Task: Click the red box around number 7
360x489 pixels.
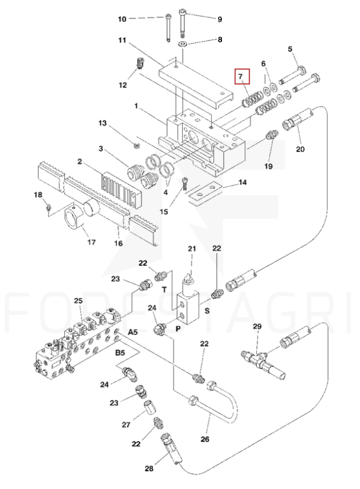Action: (242, 76)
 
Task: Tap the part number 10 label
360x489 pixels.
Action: (122, 19)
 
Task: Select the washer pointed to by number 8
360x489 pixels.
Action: (183, 44)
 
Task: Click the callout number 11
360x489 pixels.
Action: (122, 40)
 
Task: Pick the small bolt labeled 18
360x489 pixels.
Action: (48, 207)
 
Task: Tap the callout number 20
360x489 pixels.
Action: (300, 149)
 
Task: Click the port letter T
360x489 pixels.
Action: (165, 290)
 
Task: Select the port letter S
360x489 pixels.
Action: (207, 311)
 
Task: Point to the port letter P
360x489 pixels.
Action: (178, 329)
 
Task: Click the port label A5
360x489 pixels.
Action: (133, 332)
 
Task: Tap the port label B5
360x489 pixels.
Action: (120, 353)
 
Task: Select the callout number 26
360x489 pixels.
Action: (205, 439)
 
